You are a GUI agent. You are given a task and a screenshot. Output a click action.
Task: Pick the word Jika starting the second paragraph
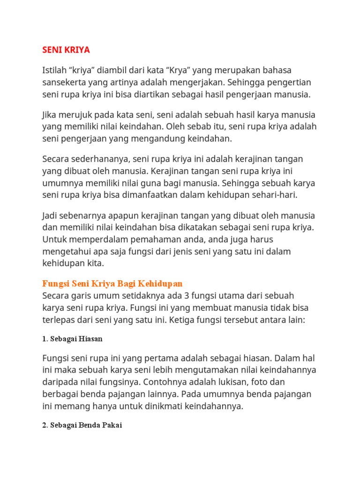point(50,115)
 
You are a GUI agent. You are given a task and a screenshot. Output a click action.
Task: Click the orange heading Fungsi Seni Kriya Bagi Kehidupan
point(112,284)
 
